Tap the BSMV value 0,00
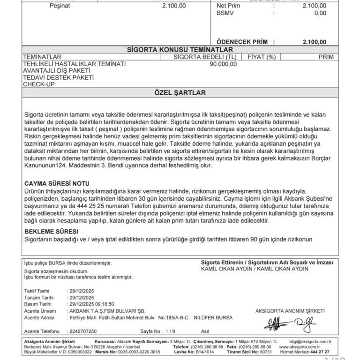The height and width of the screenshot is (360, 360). point(320,13)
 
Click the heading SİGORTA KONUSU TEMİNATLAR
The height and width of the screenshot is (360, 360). point(180,50)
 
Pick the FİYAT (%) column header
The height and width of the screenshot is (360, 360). point(258,57)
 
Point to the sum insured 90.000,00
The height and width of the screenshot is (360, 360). point(223,64)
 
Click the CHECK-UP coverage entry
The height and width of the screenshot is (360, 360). point(38,84)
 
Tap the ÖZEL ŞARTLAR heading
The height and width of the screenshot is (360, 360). point(180,93)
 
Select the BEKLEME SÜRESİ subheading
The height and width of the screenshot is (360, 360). point(51,232)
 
